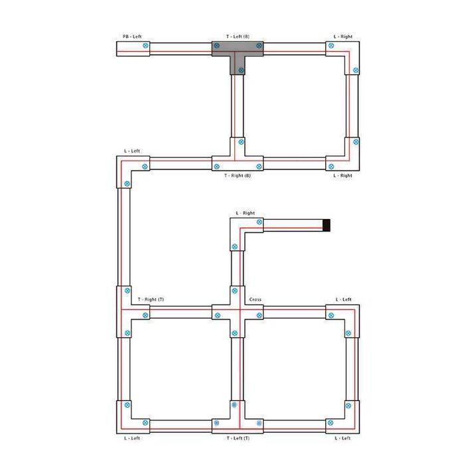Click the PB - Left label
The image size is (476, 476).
tap(132, 37)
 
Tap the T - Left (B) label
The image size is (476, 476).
tap(238, 37)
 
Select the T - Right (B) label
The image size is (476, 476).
tap(238, 175)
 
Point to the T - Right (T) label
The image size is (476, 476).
tap(151, 299)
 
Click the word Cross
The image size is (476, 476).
tap(256, 299)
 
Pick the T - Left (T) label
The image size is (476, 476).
tap(238, 438)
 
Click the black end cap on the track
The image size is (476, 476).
tap(327, 225)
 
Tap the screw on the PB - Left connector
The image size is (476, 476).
tap(145, 46)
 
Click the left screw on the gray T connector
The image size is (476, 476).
tap(216, 46)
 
